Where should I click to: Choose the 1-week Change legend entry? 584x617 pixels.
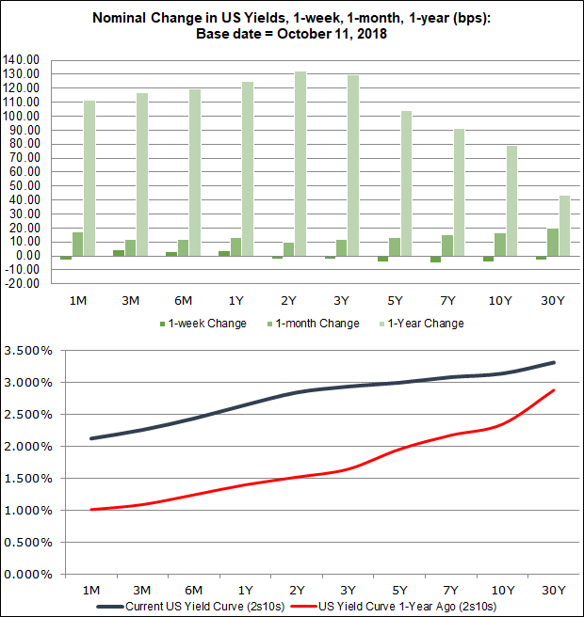tap(203, 324)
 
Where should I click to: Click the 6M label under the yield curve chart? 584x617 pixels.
tap(194, 590)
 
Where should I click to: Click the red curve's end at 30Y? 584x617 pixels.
tap(553, 390)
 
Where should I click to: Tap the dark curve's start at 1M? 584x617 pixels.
tap(91, 438)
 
